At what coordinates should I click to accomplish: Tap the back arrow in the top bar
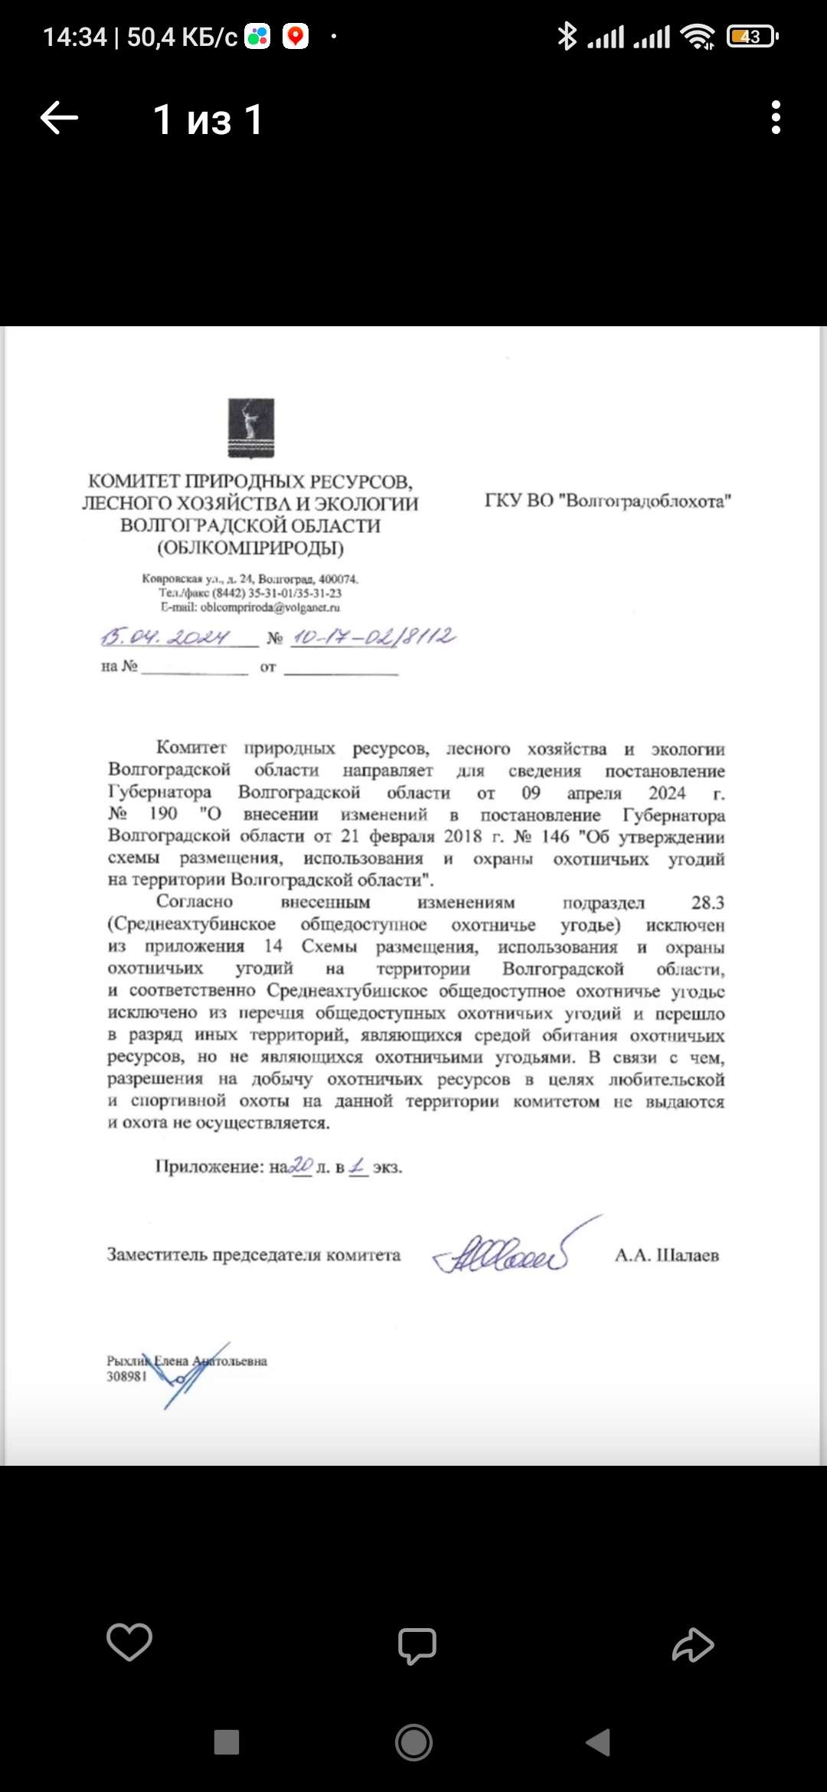point(59,118)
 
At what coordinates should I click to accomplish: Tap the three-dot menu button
point(776,118)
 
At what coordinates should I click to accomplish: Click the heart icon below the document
point(129,1643)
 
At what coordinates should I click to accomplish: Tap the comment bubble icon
point(417,1645)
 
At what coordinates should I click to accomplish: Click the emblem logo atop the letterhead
point(251,428)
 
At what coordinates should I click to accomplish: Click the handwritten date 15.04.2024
point(166,637)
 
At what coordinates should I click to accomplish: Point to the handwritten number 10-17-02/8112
point(374,637)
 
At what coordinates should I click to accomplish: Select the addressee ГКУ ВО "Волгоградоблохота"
point(607,501)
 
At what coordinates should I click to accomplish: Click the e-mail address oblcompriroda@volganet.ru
point(270,607)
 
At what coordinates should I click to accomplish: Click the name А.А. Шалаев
point(666,1255)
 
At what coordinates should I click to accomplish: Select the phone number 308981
point(126,1376)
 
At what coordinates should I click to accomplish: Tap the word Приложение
point(209,1167)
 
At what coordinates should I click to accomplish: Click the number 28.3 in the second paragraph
point(708,903)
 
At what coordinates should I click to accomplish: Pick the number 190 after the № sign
point(162,813)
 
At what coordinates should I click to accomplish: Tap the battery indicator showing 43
point(752,36)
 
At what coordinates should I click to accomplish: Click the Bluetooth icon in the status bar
point(567,36)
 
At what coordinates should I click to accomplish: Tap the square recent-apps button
point(227,1742)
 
